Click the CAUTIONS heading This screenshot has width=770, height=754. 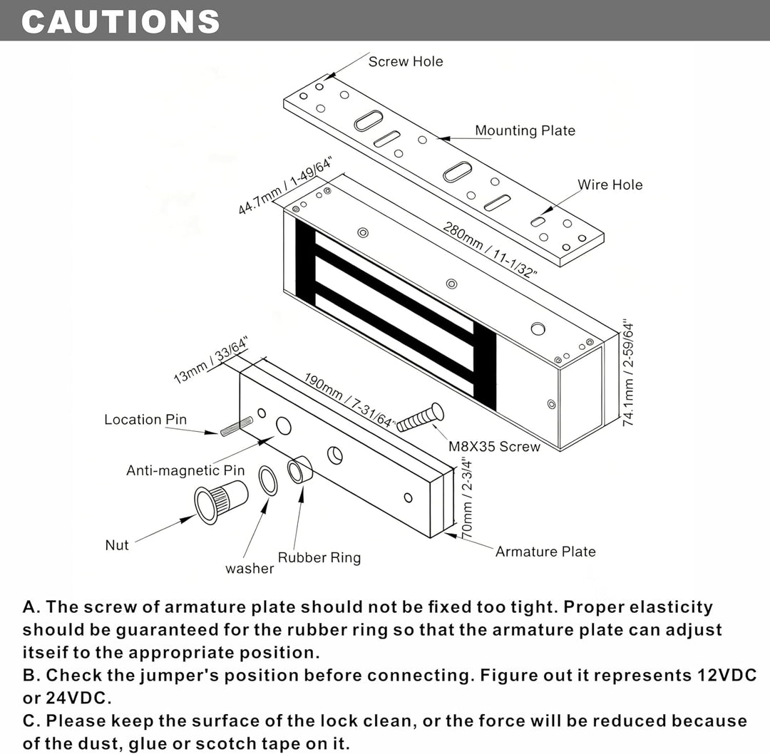[120, 21]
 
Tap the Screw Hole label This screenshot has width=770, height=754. [406, 61]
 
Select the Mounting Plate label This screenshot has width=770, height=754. [525, 130]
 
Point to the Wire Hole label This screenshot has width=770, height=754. [610, 185]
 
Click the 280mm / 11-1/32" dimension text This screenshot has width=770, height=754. [490, 250]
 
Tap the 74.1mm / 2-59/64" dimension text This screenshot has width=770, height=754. [628, 374]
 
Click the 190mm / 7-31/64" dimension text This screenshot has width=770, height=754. [349, 401]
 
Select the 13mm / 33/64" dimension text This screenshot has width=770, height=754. [211, 360]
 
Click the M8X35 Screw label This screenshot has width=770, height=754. [494, 447]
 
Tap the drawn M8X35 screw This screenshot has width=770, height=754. [421, 417]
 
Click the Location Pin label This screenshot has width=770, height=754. [145, 420]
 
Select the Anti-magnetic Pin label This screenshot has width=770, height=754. [185, 470]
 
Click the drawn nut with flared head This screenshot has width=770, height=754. [220, 500]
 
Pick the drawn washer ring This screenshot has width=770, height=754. [267, 481]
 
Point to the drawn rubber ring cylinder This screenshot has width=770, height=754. [299, 470]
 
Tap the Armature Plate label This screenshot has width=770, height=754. [545, 552]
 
